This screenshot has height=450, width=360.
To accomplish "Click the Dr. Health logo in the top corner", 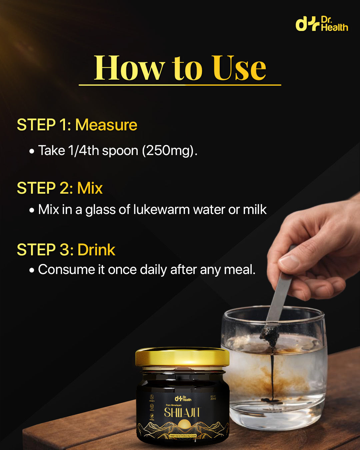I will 322,24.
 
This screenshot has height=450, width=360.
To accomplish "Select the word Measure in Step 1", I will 106,125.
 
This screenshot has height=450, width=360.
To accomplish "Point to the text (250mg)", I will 170,151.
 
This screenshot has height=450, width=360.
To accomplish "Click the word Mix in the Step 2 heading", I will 90,188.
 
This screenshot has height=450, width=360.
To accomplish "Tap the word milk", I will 255,210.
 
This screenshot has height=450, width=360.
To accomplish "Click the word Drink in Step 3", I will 96,250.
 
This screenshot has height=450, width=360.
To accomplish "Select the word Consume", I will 66,270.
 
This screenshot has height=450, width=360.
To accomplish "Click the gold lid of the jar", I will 182,358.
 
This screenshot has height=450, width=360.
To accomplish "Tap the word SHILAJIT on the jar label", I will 182,413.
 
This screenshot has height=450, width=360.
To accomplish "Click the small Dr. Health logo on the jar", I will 183,398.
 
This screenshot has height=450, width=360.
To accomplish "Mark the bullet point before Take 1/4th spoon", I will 32,151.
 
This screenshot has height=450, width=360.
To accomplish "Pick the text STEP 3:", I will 45,250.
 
